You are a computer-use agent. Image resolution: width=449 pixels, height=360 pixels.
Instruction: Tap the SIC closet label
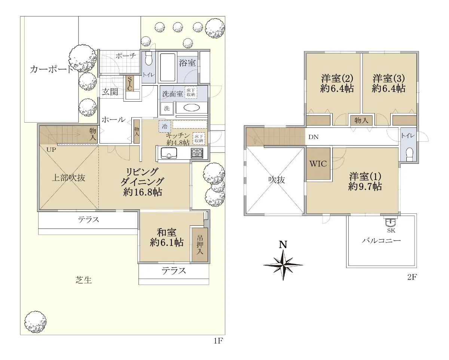pyautogui.click(x=129, y=83)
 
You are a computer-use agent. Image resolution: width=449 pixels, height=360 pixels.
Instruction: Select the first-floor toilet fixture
pyautogui.click(x=149, y=59)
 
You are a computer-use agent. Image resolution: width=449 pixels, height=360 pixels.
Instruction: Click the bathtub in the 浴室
pyautogui.click(x=168, y=67)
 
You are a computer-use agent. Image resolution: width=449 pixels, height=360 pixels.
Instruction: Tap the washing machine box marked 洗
pyautogui.click(x=167, y=108)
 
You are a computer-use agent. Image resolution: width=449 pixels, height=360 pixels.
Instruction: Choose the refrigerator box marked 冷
pyautogui.click(x=165, y=126)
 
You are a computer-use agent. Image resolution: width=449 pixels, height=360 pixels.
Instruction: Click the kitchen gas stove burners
pyautogui.click(x=197, y=153)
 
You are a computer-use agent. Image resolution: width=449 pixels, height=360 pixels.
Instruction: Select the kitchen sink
pyautogui.click(x=169, y=153)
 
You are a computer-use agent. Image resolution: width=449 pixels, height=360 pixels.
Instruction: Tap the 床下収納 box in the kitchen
pyautogui.click(x=199, y=139)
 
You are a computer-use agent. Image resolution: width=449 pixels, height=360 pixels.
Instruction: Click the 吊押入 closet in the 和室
pyautogui.click(x=200, y=245)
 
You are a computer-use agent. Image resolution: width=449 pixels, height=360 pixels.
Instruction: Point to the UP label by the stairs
pyautogui.click(x=51, y=150)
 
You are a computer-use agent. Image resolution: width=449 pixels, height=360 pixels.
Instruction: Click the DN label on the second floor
pyautogui.click(x=314, y=137)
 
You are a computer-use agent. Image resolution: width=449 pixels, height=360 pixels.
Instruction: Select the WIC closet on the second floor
pyautogui.click(x=318, y=164)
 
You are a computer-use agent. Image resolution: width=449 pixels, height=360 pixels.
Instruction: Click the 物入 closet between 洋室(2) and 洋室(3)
pyautogui.click(x=361, y=120)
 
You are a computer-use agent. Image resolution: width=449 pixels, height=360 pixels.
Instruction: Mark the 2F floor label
pyautogui.click(x=412, y=277)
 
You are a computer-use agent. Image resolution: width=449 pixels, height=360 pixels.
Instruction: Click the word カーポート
pyautogui.click(x=51, y=69)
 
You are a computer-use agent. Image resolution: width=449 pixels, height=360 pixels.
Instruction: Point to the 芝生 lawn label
pyautogui.click(x=83, y=280)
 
